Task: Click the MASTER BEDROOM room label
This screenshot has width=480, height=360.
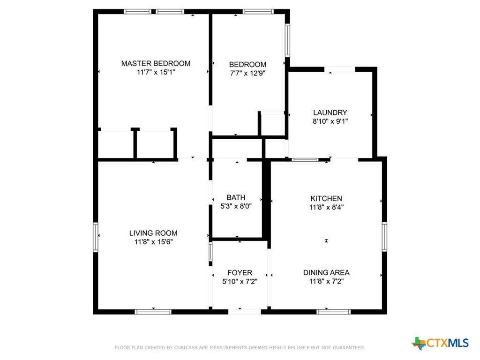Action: click(x=156, y=63)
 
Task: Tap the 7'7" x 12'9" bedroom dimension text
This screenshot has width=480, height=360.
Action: click(x=247, y=73)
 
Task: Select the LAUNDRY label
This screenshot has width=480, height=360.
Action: click(x=330, y=112)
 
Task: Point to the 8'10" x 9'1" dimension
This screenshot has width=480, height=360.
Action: click(x=330, y=121)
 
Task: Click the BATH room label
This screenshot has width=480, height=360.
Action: click(x=236, y=197)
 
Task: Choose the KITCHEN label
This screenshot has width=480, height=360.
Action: click(x=326, y=198)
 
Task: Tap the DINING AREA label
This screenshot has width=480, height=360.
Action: click(x=326, y=272)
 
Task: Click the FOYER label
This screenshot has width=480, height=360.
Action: click(x=240, y=272)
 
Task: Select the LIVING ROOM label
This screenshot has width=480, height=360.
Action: click(x=153, y=233)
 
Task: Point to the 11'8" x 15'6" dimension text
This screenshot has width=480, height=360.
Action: click(x=153, y=242)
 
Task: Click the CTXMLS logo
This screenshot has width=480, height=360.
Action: click(x=440, y=343)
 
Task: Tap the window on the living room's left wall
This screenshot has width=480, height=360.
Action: click(x=96, y=237)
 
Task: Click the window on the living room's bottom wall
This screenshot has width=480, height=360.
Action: click(x=153, y=312)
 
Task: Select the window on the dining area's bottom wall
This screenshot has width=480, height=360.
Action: click(x=334, y=312)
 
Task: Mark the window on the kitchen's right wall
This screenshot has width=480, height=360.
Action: click(x=384, y=237)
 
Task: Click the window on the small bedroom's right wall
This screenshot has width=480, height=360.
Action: click(x=287, y=40)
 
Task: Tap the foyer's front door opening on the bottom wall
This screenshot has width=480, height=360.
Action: click(x=245, y=312)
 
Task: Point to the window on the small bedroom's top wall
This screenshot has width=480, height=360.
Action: click(x=258, y=12)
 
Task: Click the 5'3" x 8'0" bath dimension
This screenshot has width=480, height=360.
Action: click(x=236, y=206)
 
